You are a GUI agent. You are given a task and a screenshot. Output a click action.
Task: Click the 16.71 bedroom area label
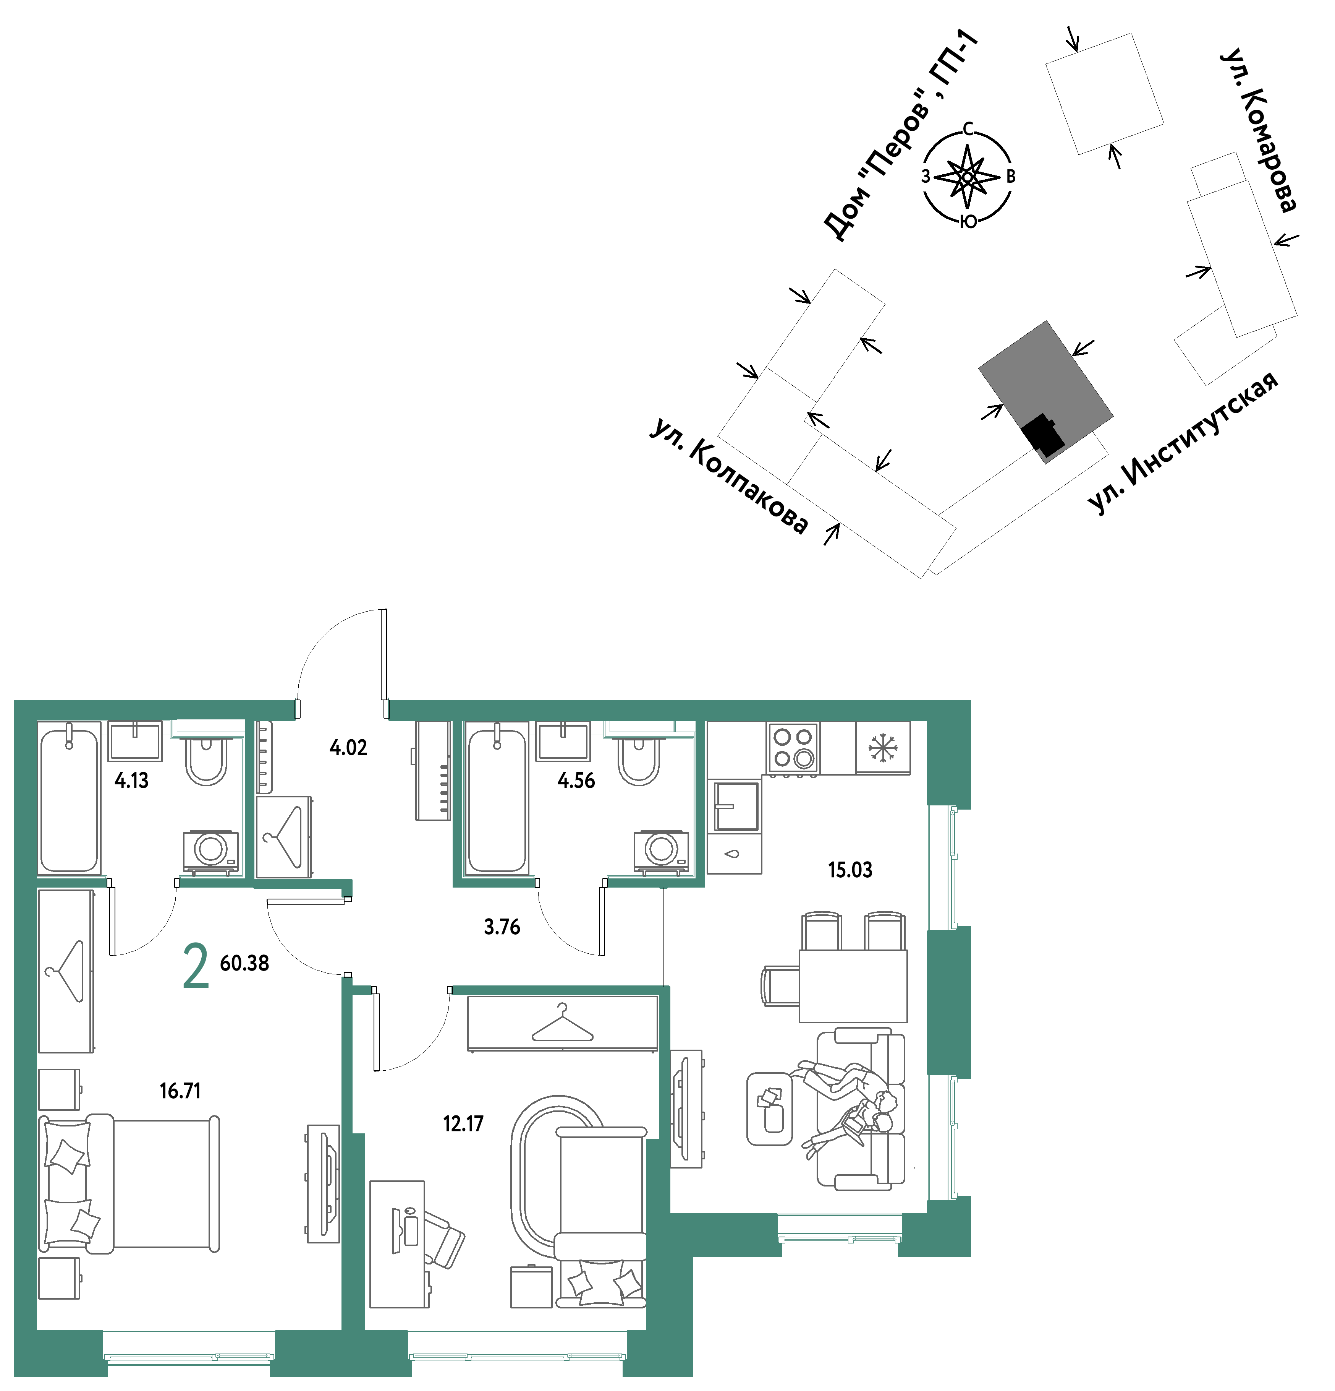coord(180,1091)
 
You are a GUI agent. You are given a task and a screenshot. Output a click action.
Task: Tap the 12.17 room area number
coord(463,1123)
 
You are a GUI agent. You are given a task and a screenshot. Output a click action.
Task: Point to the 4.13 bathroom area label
coord(131,781)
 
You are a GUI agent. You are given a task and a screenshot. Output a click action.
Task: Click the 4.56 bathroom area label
coord(576,781)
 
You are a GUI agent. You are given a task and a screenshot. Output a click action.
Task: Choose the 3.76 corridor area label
coord(502,927)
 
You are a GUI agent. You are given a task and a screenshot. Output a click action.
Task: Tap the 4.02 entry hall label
coord(348,747)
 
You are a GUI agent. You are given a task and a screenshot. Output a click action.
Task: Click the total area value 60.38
coord(245,963)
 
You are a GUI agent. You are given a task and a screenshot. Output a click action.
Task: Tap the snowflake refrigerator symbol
coord(882,748)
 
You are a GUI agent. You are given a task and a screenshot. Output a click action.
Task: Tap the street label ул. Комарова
coord(1258,131)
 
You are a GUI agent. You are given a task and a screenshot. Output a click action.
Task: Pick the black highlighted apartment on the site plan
coord(1043,434)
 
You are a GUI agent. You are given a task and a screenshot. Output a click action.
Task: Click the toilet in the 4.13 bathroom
coord(206,760)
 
